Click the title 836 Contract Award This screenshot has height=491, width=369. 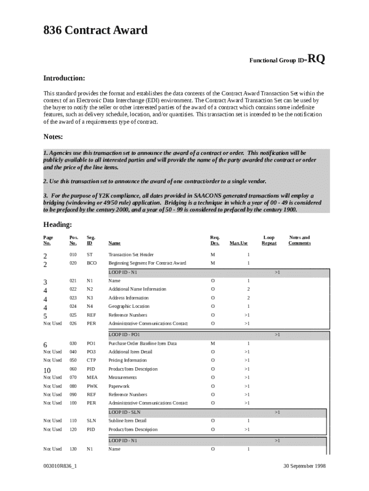coord(95,31)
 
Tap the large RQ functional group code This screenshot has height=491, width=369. coord(316,59)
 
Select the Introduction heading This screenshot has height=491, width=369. coord(64,78)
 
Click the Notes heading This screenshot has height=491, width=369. coord(53,137)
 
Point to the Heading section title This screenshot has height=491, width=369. coord(58,224)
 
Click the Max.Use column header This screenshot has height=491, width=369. coord(239,243)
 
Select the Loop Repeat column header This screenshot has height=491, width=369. coord(269,240)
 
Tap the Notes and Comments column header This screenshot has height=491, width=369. coord(299,240)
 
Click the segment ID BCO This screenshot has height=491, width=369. coord(92,263)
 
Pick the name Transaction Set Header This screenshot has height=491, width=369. coord(131,255)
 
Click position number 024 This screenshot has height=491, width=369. coord(73,306)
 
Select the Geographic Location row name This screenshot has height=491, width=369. coord(129,306)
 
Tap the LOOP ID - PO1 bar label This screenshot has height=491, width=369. coord(124,334)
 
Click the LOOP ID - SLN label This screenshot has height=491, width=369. coord(124,412)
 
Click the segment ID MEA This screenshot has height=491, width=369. coord(92,377)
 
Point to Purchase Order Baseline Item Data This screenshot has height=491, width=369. coord(142,343)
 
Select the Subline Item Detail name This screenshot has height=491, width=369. coord(127,421)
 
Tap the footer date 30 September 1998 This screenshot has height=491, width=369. coord(304,466)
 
